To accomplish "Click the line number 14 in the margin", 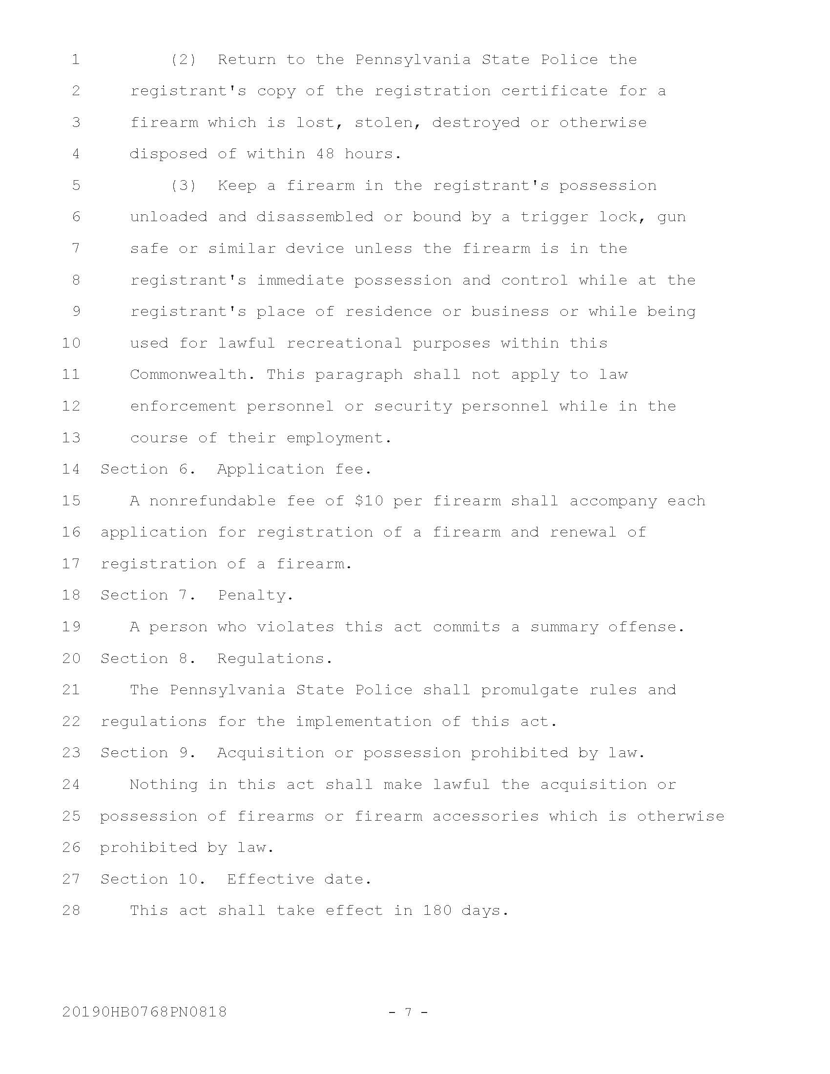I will pos(71,469).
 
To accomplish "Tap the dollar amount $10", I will pos(369,500).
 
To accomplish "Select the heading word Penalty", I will pos(255,595).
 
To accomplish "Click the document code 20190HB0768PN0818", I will pos(145,1012).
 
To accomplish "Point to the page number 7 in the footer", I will pos(408,1012).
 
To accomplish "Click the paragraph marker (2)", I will pos(184,60).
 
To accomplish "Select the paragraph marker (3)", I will pos(184,186).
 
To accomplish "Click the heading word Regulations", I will pos(275,658).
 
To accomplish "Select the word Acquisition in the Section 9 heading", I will pos(270,752).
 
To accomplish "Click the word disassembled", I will pos(315,217).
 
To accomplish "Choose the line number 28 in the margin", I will pos(71,910).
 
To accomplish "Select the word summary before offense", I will pos(564,626).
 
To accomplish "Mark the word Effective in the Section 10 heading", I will pos(270,879).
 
